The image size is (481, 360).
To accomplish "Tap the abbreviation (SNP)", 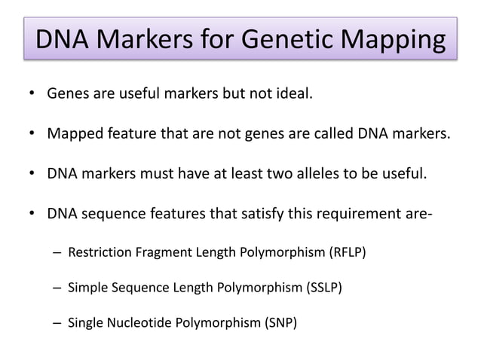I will tap(279, 323).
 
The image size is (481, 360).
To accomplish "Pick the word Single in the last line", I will tap(85, 323).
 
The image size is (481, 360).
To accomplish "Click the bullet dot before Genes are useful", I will tap(32, 96).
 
